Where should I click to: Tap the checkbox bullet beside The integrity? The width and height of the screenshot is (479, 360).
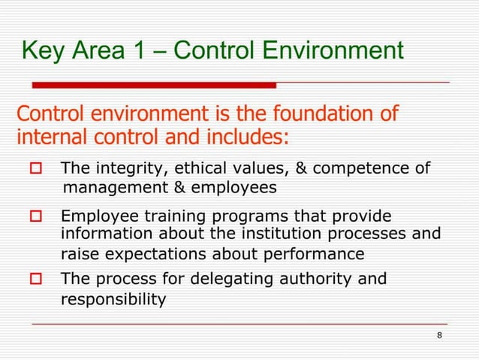35,168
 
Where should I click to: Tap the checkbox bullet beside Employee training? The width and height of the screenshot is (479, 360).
35,216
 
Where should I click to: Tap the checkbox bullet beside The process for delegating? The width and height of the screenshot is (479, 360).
35,280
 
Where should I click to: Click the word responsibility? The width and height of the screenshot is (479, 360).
113,300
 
